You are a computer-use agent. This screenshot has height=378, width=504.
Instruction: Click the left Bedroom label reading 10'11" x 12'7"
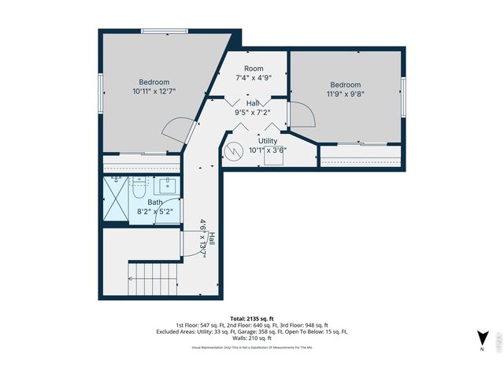coord(154,87)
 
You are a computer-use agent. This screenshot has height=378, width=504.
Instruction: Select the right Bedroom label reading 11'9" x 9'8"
coord(345,90)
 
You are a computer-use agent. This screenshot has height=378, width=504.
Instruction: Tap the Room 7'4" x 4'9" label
coord(254,73)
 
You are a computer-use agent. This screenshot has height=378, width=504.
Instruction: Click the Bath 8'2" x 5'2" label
coord(155,207)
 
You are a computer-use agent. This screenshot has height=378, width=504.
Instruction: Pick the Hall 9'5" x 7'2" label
coord(252,108)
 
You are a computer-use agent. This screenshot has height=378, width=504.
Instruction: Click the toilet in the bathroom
coord(139,188)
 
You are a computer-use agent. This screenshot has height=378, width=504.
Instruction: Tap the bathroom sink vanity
coord(168,187)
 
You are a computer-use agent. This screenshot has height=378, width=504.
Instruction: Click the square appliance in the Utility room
coord(273,156)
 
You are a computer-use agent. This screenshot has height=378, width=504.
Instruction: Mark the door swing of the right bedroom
coord(303,115)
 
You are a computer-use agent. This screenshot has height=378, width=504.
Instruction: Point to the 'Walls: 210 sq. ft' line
coord(251,338)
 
